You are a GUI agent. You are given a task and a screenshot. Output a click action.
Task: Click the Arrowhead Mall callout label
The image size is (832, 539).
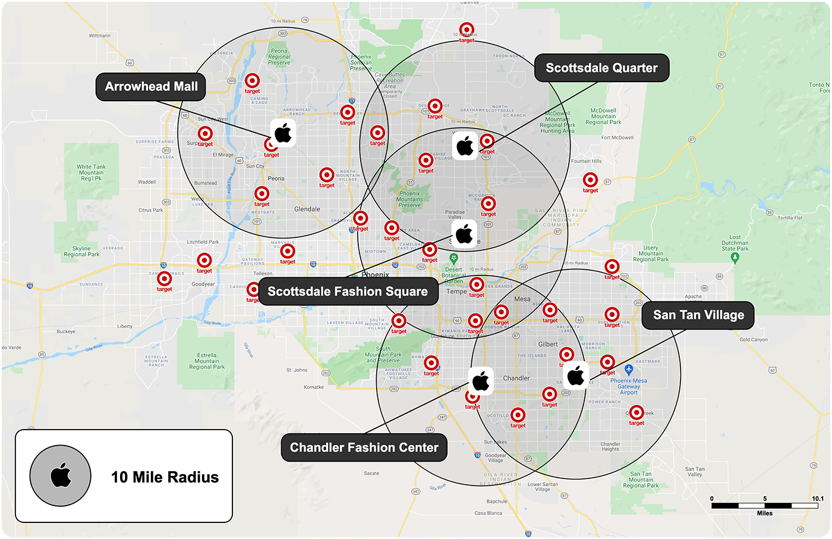pos(151,87)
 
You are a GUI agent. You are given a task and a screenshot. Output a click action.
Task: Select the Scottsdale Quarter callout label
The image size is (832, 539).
pos(601,68)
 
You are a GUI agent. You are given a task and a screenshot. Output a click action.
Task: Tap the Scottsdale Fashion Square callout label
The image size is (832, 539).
pos(348,292)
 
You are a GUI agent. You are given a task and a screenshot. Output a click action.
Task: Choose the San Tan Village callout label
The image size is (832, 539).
pos(698,315)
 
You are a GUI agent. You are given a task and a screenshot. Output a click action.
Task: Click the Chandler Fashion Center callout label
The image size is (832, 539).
pos(364,448)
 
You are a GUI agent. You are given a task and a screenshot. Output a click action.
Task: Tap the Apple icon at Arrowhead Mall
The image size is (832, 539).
pos(283,133)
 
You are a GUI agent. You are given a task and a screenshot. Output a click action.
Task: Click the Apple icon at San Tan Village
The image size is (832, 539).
pos(576,375)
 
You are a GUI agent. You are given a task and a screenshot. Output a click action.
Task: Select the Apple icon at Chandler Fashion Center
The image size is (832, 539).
pos(481,381)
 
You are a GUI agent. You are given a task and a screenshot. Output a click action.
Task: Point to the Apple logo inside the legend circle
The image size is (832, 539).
pos(61,475)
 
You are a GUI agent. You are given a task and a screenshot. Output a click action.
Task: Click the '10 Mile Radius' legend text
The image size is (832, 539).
pos(165,477)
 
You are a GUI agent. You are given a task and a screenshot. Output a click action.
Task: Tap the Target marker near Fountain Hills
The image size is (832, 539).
pos(590,180)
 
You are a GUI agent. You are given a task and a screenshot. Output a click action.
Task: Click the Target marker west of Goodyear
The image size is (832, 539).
pos(165,278)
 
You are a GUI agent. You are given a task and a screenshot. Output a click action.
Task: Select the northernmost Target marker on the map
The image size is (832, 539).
pos(467,30)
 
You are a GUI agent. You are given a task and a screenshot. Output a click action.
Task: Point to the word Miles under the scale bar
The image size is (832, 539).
pos(765,513)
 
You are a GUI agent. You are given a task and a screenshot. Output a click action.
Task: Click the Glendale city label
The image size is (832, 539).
pos(307,209)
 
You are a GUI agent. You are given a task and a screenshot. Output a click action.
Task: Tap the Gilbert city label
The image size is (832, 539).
pos(548,344)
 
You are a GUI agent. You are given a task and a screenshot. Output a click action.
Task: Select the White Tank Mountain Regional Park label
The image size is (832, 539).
pos(92,173)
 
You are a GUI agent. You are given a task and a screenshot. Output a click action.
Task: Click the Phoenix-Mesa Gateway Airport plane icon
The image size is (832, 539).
pos(629,370)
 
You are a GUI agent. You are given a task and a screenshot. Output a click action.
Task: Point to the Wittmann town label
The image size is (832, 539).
pos(100,36)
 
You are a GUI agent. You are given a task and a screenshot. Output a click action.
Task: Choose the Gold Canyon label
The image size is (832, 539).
pos(754,340)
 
